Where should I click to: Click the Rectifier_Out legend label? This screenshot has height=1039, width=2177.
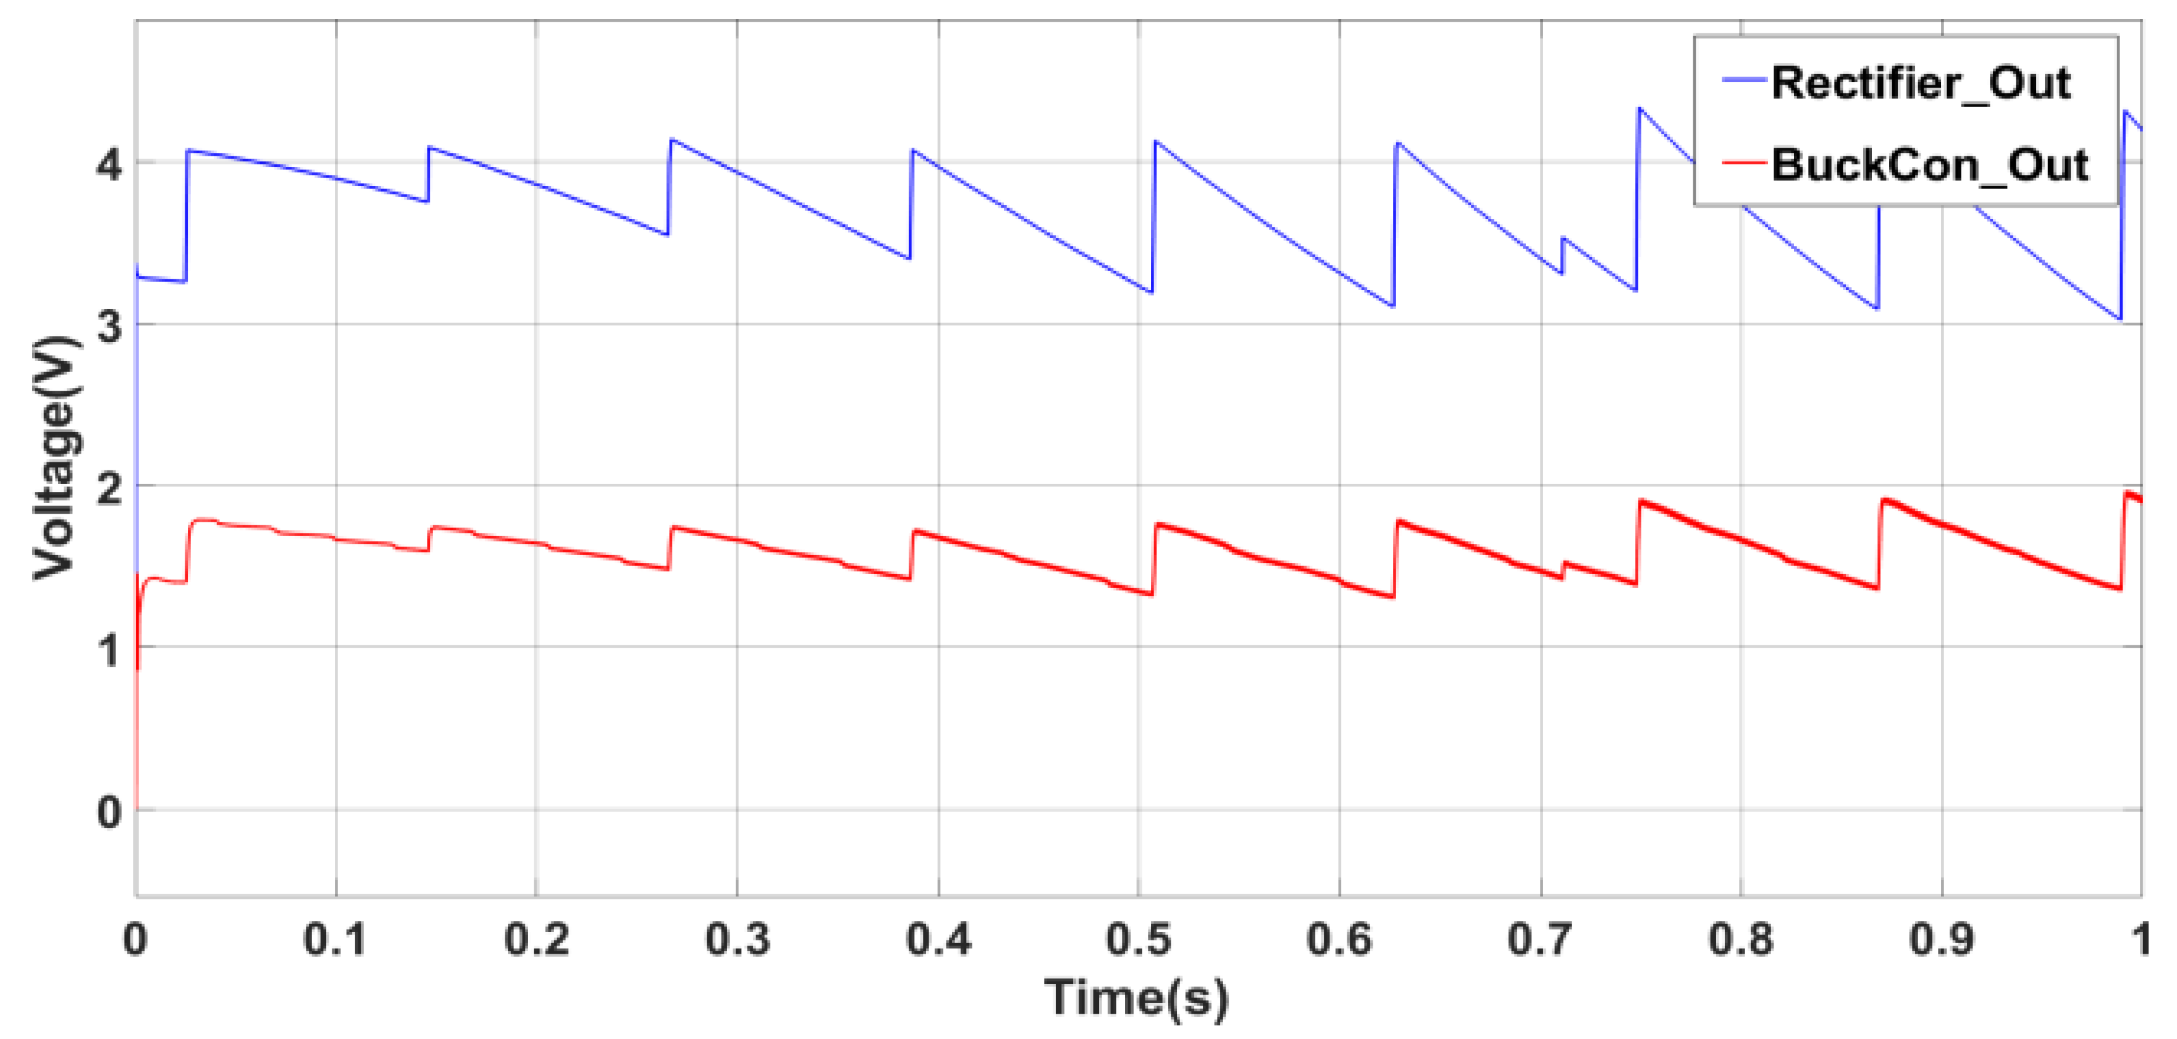coord(1920,83)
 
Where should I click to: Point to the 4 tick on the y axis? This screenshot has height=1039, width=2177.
coord(109,163)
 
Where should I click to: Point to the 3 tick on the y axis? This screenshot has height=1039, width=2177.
coord(109,324)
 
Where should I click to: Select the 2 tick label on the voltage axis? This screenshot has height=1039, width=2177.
coord(109,487)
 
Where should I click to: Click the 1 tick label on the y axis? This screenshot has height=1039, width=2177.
coord(109,649)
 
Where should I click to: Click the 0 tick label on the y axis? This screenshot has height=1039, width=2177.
coord(109,812)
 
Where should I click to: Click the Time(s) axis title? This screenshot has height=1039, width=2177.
coord(1137,998)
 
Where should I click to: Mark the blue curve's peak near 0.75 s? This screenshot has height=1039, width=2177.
coord(1640,109)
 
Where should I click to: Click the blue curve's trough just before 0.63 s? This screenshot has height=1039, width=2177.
coord(1391,305)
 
